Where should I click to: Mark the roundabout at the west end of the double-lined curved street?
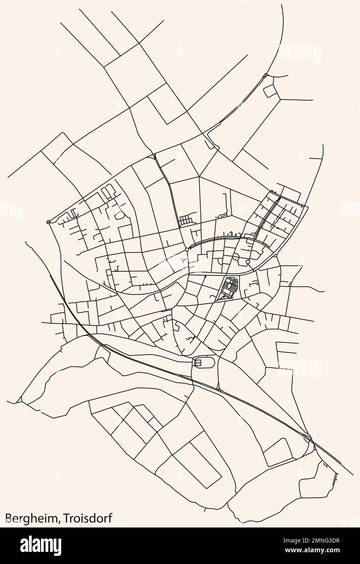pos(186,250)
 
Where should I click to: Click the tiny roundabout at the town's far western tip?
pos(49,222)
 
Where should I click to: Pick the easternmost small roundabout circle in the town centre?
pos(248,262)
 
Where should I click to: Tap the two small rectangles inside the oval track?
pos(198,362)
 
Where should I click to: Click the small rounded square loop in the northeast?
pos(269,91)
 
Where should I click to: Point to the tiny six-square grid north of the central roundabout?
pos(185,220)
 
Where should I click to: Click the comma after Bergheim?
pos(61,521)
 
